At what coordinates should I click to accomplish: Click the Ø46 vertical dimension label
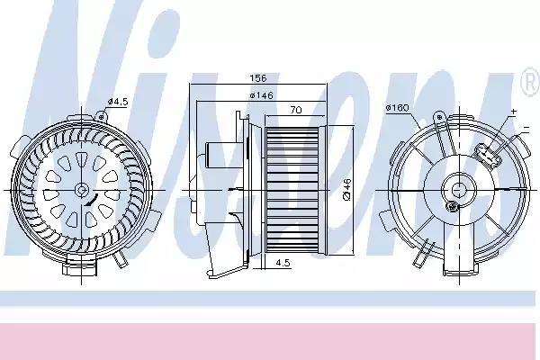click(x=346, y=190)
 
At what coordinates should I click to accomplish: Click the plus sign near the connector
click(x=514, y=111)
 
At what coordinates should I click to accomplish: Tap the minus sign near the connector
click(x=525, y=137)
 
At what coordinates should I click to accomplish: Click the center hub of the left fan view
click(x=82, y=191)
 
